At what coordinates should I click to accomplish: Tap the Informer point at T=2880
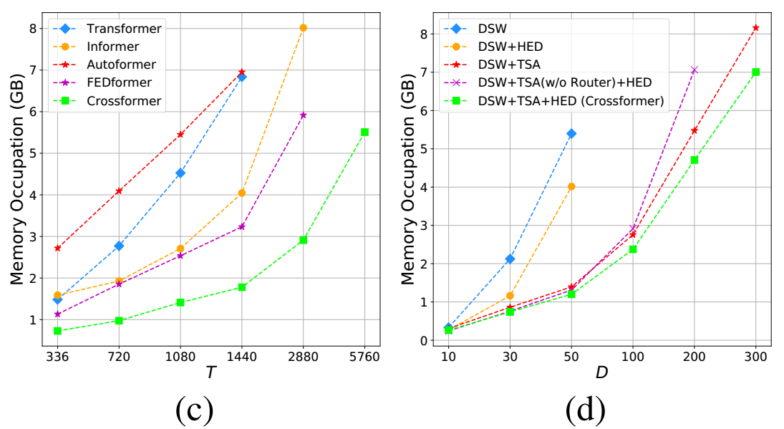click(x=303, y=28)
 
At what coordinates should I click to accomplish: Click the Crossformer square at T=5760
click(x=364, y=132)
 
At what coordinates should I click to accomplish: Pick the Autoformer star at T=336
click(x=57, y=248)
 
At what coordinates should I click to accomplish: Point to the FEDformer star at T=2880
click(x=303, y=115)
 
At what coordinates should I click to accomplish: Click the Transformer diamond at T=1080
click(x=180, y=173)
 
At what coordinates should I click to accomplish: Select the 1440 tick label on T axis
click(x=241, y=357)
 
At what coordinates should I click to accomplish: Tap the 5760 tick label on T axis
click(x=364, y=357)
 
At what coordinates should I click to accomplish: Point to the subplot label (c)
click(x=194, y=409)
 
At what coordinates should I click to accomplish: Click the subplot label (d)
click(x=585, y=409)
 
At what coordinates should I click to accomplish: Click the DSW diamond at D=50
click(x=571, y=133)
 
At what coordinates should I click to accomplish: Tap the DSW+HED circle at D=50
click(x=571, y=186)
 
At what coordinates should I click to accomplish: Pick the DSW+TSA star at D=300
click(x=755, y=27)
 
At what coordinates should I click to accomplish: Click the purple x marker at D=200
click(x=694, y=69)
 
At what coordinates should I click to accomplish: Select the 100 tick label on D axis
click(x=632, y=357)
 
